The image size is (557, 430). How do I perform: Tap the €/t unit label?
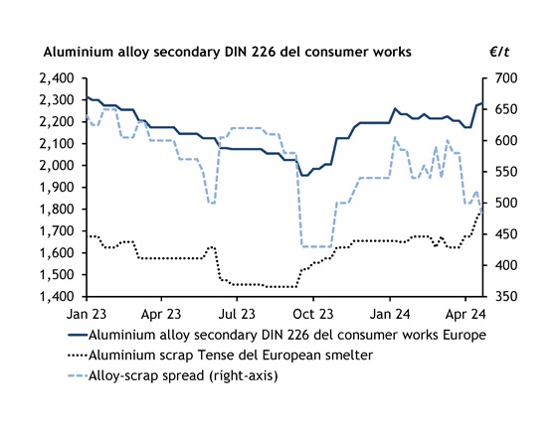point(498,50)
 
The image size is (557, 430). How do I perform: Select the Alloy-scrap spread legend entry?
point(180,376)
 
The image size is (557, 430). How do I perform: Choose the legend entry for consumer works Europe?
point(286,335)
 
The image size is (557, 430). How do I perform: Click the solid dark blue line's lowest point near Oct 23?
point(304,175)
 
